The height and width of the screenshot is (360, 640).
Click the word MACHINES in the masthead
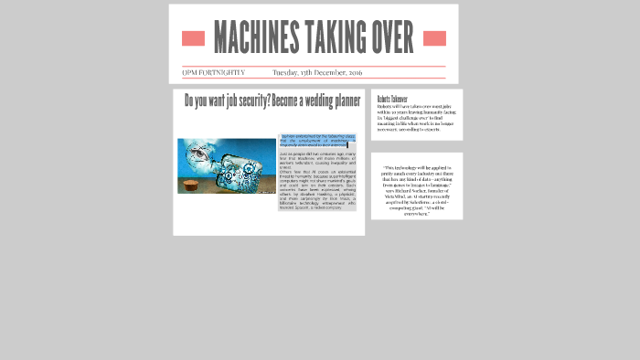click(x=256, y=37)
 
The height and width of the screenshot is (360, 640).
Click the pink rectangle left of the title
click(x=193, y=38)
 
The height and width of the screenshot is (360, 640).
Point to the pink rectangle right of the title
click(x=434, y=38)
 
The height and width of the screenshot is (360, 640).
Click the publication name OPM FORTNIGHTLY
click(x=214, y=72)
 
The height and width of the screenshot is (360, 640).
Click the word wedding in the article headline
click(x=318, y=101)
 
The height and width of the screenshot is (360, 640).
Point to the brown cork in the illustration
click(x=190, y=185)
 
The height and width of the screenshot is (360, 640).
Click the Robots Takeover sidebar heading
click(x=392, y=99)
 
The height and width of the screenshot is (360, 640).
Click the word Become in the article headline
click(x=283, y=101)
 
